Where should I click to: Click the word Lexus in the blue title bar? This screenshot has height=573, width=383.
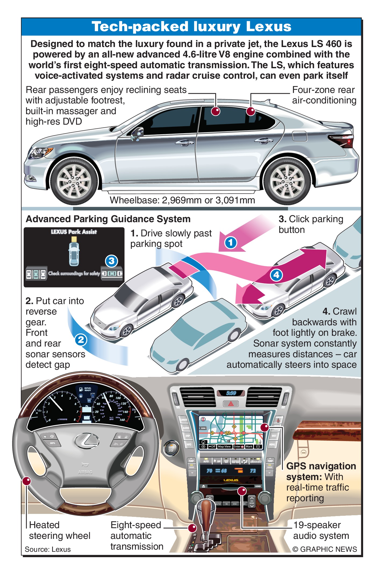[269, 27]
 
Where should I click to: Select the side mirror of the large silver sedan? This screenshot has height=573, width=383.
[138, 134]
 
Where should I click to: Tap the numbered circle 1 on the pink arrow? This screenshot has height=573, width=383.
[230, 243]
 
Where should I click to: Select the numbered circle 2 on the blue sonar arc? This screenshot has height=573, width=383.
[81, 340]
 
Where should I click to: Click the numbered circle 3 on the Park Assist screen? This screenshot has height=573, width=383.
[112, 261]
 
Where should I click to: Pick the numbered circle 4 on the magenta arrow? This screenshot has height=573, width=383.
[276, 275]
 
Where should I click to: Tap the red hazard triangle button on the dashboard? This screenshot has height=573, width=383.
[231, 403]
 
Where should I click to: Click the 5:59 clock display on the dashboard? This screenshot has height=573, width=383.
[231, 393]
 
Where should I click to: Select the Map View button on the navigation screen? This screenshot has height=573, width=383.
[224, 446]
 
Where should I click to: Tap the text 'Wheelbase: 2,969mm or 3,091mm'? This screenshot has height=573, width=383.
[182, 200]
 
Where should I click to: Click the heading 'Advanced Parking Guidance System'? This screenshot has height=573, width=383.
[108, 219]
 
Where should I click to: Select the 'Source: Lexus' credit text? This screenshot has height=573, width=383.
[48, 549]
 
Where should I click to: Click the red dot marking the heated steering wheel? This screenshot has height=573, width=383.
[26, 481]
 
